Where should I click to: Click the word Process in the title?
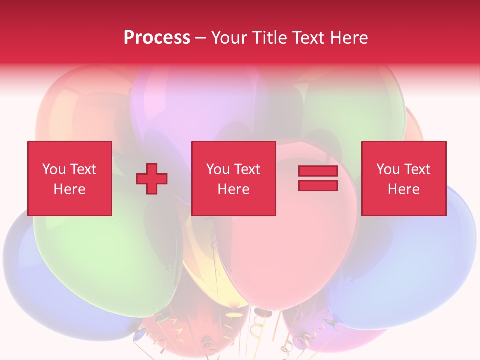157,38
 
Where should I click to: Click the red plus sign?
152,178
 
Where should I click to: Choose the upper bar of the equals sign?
318,171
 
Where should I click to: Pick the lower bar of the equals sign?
318,185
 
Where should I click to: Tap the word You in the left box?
53,169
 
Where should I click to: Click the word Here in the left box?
69,189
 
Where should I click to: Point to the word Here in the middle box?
233,189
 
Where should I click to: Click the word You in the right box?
387,169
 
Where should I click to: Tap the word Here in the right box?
403,189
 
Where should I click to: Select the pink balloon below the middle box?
285,255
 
